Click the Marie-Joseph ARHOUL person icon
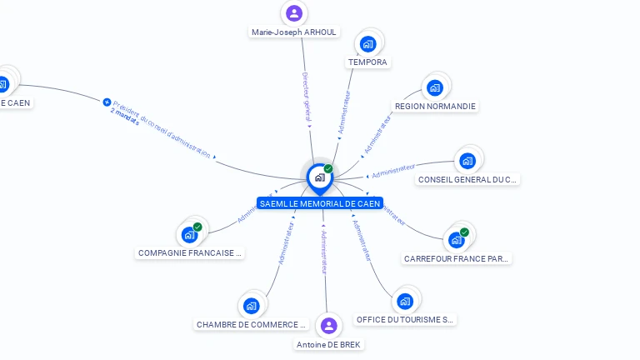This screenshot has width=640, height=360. [x=293, y=13]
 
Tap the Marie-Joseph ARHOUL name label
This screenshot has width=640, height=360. [x=294, y=32]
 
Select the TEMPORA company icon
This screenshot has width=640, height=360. [x=368, y=44]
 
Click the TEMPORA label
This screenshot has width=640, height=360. [x=367, y=62]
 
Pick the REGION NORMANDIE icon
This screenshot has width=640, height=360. [x=434, y=87]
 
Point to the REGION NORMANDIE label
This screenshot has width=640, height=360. [x=435, y=107]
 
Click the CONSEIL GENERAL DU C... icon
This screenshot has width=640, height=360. [x=467, y=161]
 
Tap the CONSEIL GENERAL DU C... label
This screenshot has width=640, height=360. [x=467, y=179]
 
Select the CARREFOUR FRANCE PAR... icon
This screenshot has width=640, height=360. [x=456, y=240]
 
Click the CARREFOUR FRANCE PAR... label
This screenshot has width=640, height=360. [x=456, y=259]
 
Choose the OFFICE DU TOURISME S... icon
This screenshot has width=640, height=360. [x=405, y=301]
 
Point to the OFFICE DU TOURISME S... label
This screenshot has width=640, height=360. [x=405, y=320]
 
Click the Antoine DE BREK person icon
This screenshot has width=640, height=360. [x=329, y=326]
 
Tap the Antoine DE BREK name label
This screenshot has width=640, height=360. [x=329, y=344]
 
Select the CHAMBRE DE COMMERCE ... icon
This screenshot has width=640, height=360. [x=252, y=306]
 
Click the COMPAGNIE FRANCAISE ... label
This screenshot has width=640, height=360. [x=191, y=252]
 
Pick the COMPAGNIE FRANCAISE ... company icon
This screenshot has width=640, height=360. [x=189, y=235]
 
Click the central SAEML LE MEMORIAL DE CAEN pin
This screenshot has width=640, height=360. [x=319, y=177]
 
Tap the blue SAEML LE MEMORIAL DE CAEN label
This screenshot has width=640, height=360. [x=320, y=203]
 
